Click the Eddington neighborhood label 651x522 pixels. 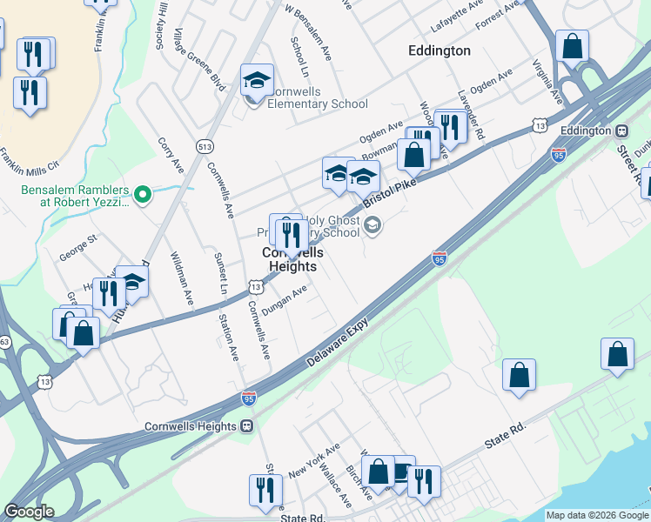[439, 50]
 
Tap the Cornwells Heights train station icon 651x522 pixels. [247, 426]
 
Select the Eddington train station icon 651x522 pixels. [621, 130]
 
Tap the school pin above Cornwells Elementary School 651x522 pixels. [257, 80]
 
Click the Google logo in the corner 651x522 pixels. [29, 512]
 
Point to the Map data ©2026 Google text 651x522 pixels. [597, 515]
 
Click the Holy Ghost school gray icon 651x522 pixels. [372, 226]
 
